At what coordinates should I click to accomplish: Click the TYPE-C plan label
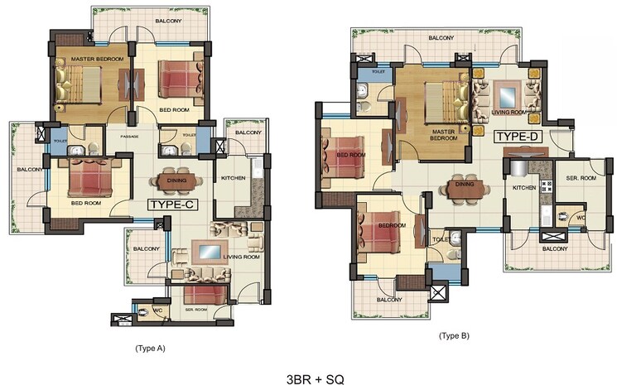pos(176,203)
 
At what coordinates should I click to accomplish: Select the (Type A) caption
pos(150,349)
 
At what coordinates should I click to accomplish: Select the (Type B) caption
pos(454,335)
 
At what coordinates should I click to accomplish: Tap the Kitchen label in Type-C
pos(231,178)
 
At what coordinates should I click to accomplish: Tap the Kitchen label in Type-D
pos(524,189)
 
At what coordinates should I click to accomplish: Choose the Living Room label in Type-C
pos(240,257)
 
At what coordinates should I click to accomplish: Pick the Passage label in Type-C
pos(128,137)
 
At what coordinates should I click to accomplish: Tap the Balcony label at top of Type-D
pos(441,38)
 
